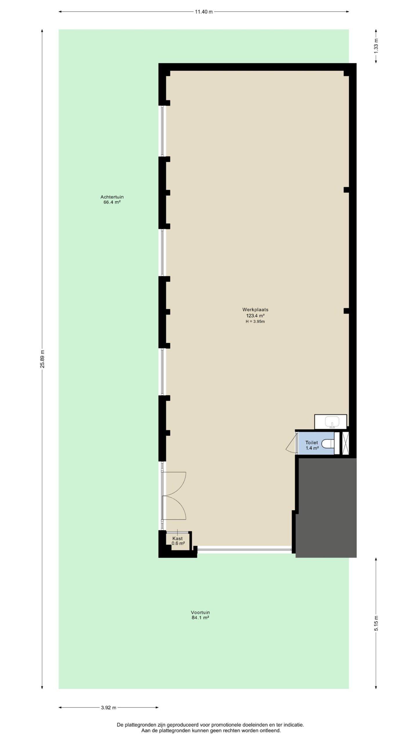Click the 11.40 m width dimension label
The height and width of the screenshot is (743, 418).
tap(204, 12)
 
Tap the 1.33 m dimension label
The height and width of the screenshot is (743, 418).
tap(376, 46)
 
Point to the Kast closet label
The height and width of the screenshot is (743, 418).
tap(177, 538)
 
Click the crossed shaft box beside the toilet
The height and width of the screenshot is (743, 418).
tap(345, 443)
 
